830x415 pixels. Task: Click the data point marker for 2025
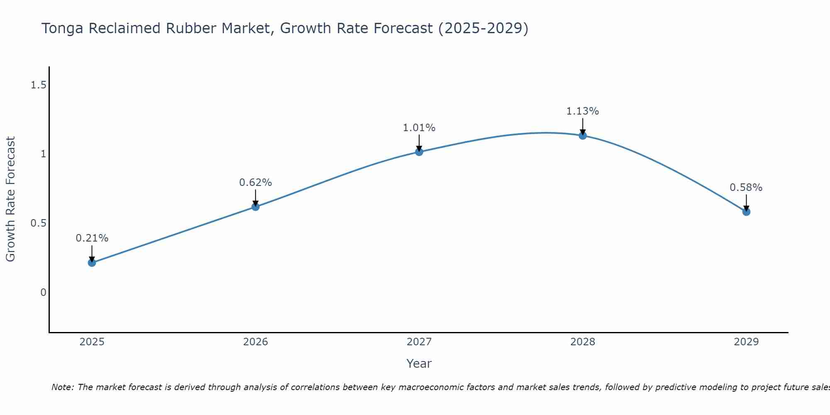(92, 263)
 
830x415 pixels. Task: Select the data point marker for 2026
(256, 207)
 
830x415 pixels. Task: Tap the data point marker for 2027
(419, 152)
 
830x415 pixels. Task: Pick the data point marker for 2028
(583, 135)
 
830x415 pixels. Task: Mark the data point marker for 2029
(746, 212)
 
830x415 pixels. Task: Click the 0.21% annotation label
(92, 238)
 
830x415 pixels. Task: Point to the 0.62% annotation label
(256, 183)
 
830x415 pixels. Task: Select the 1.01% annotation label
(419, 128)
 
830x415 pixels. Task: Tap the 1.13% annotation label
(583, 111)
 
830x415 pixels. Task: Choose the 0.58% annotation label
(746, 188)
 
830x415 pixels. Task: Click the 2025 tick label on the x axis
(92, 342)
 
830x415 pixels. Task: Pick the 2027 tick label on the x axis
(419, 342)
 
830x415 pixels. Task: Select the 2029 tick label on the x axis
(746, 342)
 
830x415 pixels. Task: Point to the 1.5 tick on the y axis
(38, 85)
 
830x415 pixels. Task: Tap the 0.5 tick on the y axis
(38, 223)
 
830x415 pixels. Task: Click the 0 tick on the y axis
(43, 293)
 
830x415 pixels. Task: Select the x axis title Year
(419, 364)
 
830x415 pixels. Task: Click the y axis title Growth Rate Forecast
(10, 199)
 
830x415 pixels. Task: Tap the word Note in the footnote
(62, 387)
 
